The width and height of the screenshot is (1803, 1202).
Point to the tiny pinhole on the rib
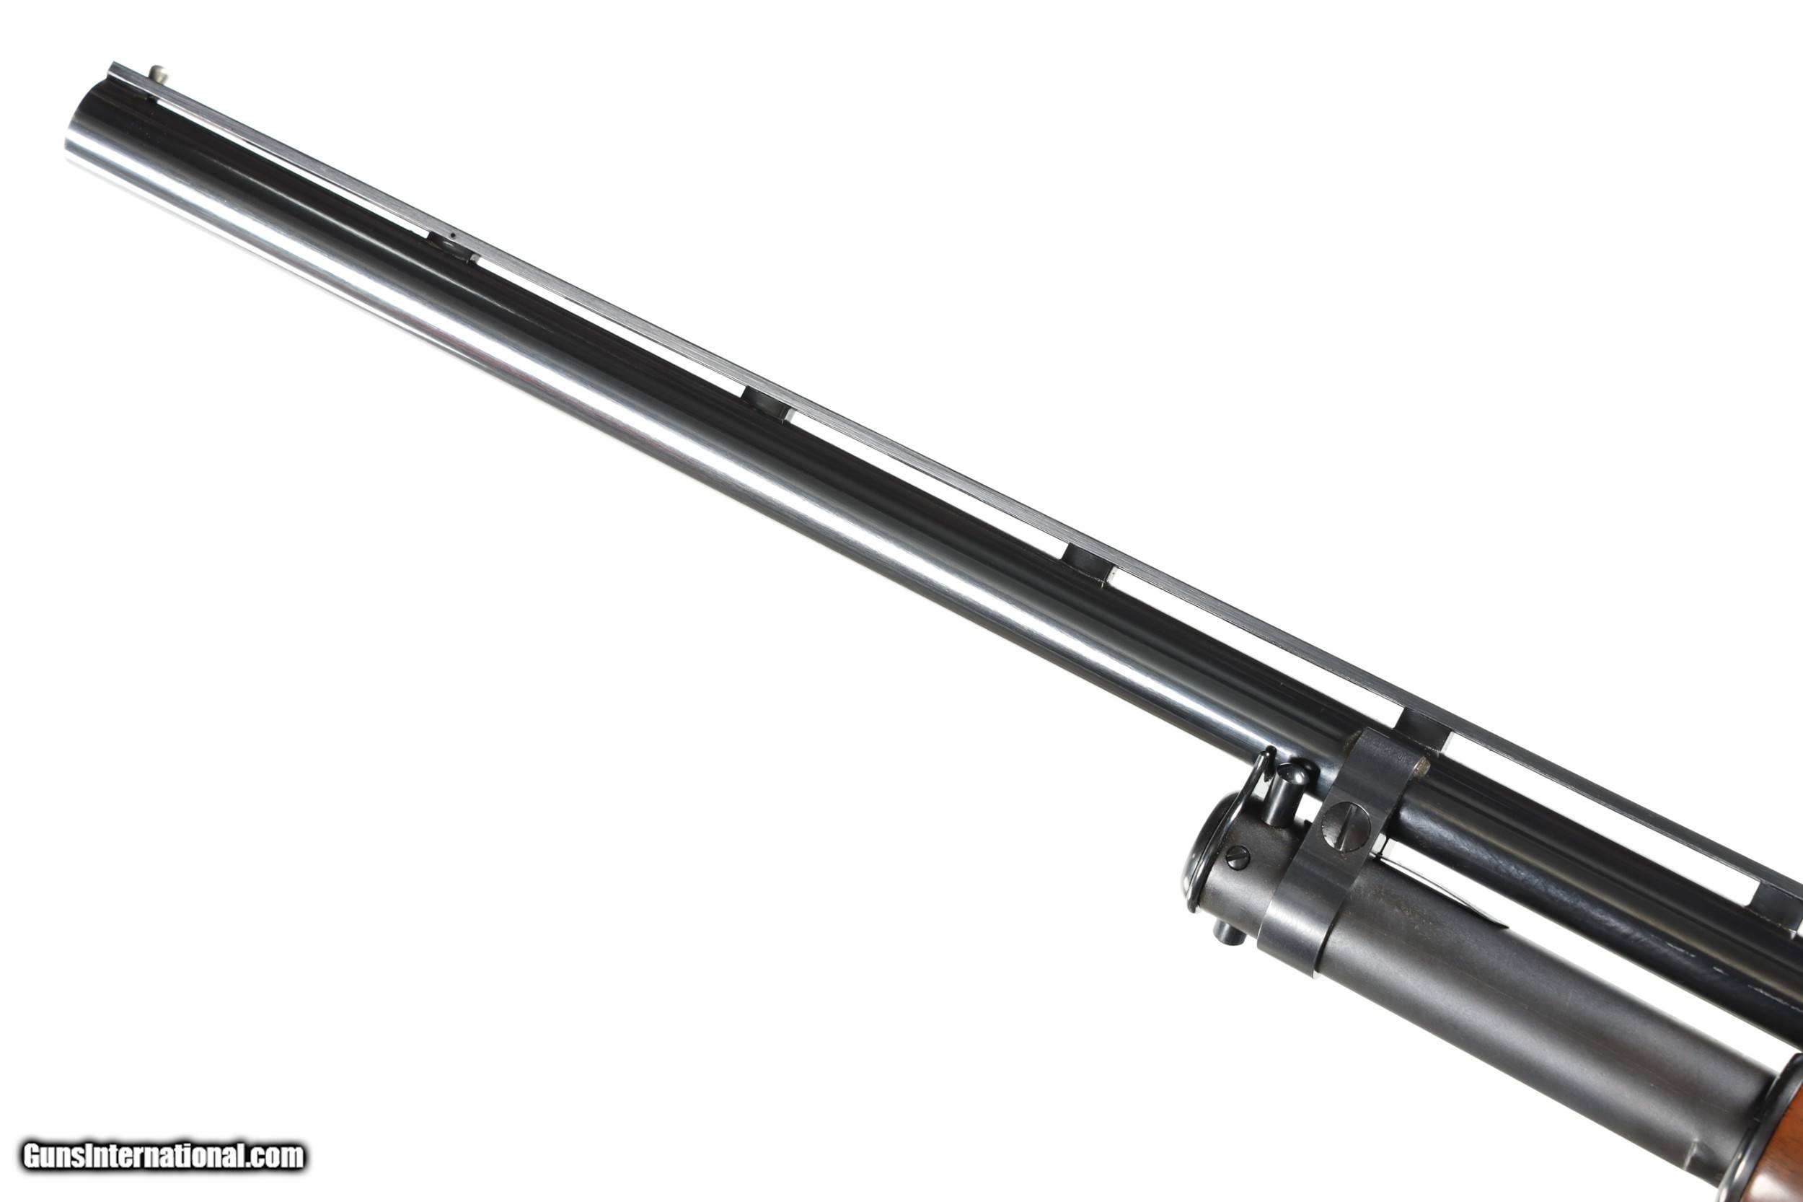click(453, 236)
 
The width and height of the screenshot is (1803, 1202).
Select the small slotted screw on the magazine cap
click(1236, 856)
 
